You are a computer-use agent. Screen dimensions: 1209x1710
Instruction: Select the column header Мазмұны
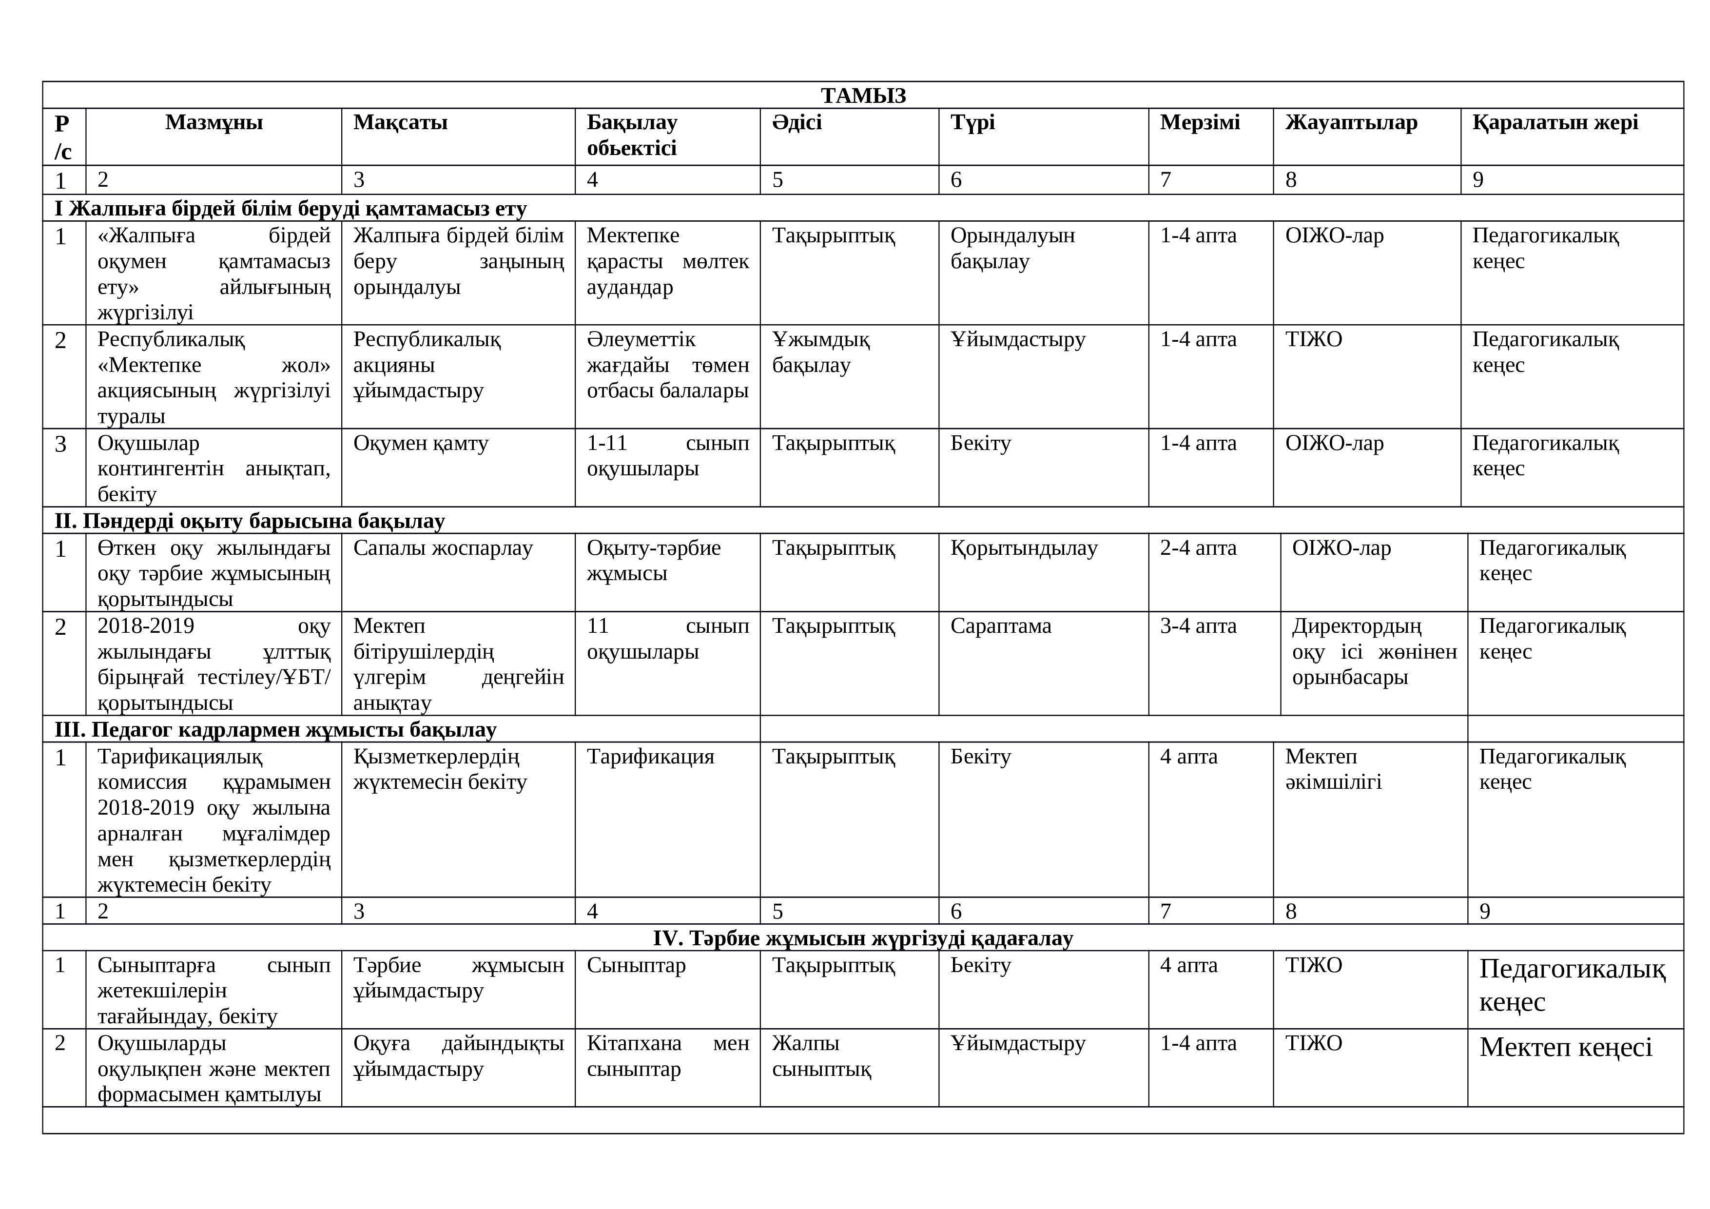[214, 122]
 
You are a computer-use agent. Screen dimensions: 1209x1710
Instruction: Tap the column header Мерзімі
[1199, 122]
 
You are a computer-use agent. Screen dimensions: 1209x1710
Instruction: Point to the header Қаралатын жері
[1555, 122]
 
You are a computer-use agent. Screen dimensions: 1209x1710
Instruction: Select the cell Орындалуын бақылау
[1012, 248]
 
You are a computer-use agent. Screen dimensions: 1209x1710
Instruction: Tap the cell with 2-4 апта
[1198, 548]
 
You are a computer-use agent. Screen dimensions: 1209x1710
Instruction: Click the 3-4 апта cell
[1198, 626]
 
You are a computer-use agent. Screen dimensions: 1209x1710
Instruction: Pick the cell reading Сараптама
[1000, 626]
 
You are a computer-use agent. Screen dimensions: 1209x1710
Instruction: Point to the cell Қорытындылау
[1023, 548]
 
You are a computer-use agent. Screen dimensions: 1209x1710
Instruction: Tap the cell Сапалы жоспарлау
[443, 548]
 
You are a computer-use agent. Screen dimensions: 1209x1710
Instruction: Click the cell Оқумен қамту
[420, 444]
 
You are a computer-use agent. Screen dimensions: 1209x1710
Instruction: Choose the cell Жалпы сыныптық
[821, 1056]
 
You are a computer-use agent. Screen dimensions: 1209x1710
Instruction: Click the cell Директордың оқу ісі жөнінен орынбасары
[1373, 652]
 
